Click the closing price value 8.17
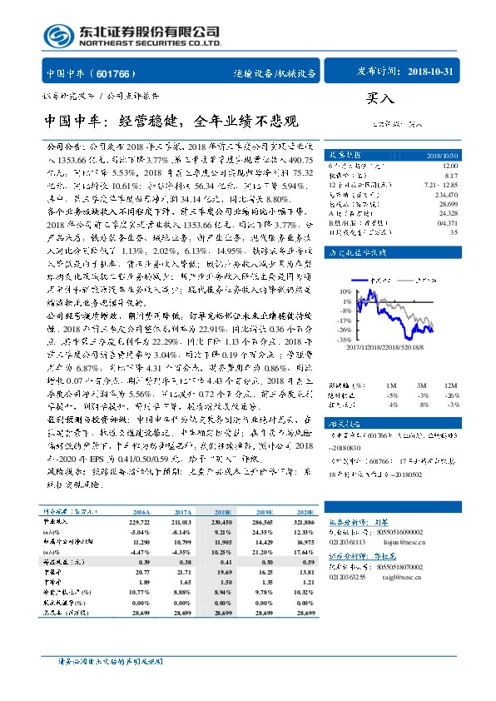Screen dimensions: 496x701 449,176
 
